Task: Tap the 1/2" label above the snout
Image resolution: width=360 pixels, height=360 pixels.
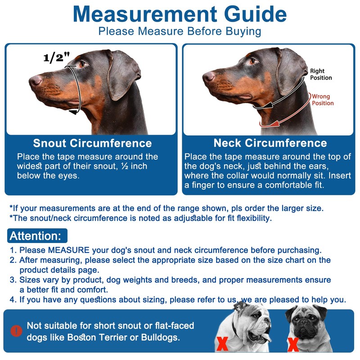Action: (57, 57)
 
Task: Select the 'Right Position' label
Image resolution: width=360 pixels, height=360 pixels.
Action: (321, 74)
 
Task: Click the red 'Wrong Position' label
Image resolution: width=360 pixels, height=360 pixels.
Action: (323, 99)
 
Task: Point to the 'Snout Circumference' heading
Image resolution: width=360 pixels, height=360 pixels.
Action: (92, 144)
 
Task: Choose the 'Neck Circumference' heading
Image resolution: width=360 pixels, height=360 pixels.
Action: (270, 144)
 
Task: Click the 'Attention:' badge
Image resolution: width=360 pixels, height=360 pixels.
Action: (36, 236)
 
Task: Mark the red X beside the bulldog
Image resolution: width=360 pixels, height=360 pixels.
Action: (222, 344)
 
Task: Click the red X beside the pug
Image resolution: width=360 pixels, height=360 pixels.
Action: (293, 345)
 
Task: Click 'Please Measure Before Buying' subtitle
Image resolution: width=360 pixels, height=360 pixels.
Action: (180, 31)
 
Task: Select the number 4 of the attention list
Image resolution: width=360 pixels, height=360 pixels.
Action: (13, 300)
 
